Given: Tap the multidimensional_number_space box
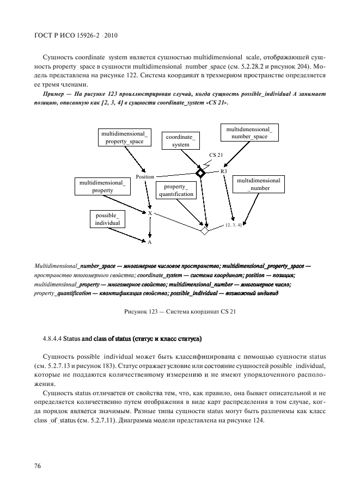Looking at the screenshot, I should [249, 133].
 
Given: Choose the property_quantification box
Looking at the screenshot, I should [176, 191].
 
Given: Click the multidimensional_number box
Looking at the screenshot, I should [259, 184].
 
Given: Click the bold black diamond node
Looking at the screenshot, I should [200, 173].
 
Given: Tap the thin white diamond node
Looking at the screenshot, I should [205, 230].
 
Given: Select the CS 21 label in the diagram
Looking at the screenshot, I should [216, 155].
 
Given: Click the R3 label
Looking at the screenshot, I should [224, 171].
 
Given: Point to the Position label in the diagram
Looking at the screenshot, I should [145, 177].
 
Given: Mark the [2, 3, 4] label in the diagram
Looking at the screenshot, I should [234, 224].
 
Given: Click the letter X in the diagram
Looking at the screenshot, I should [150, 213].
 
